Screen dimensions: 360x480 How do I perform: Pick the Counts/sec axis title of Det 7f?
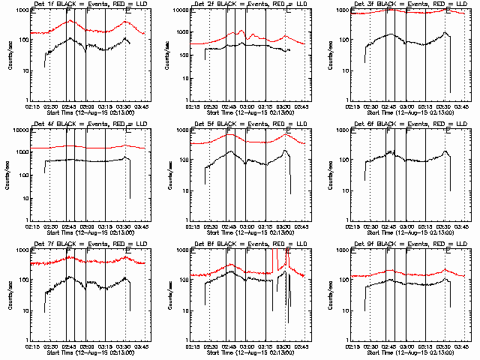pyautogui.click(x=9, y=294)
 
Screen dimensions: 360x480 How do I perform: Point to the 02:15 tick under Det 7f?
pyautogui.click(x=31, y=346)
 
